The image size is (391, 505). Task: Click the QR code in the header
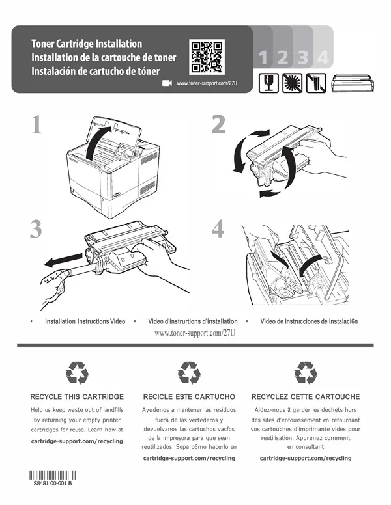coord(207,57)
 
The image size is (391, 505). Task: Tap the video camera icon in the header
coord(167,83)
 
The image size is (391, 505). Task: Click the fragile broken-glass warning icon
coord(268,83)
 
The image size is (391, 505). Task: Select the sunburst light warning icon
coord(293,83)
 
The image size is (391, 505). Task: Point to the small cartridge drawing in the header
coord(353,83)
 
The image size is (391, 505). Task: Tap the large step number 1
coord(36,125)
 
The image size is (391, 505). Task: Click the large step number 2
coord(218,124)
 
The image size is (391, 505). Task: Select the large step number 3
coord(36,229)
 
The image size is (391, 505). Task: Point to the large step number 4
coord(218,228)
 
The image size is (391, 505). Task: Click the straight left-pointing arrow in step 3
coord(63,260)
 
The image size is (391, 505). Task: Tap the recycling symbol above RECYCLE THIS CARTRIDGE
coord(77,373)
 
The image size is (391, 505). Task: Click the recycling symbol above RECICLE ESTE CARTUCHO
coord(189,373)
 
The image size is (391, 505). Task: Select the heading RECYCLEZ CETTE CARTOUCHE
coord(306,397)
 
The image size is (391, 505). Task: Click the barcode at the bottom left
coord(53,475)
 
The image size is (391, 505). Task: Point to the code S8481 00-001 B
coord(53,484)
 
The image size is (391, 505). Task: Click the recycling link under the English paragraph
coord(77,441)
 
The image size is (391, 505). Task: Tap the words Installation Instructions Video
coord(85,321)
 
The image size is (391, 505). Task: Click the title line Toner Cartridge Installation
coord(87,44)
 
